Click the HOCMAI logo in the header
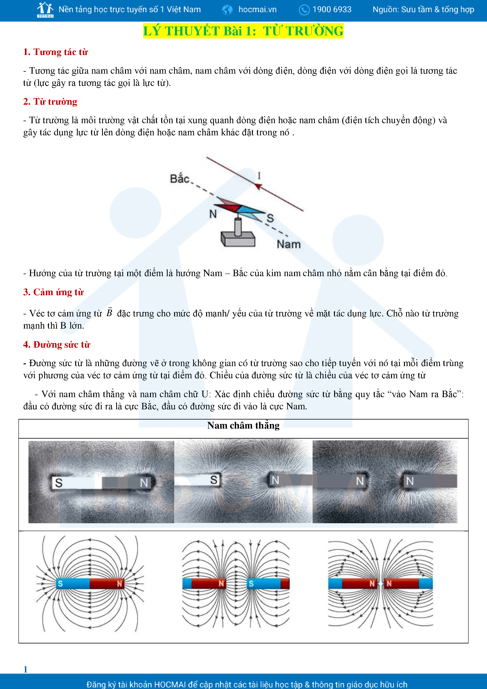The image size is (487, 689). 45,10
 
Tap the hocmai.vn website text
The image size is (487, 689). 257,10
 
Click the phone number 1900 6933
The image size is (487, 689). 332,10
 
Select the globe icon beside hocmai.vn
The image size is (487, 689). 227,10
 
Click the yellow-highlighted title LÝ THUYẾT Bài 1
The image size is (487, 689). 243,31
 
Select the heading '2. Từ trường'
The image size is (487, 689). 50,102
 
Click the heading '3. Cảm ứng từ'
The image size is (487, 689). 53,292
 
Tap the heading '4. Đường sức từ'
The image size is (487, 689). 57,344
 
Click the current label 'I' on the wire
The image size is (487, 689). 259,176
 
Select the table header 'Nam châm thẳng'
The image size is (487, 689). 243,426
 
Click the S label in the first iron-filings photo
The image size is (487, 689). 59,483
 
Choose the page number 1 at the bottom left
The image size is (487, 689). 26,669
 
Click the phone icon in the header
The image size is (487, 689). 304,10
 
